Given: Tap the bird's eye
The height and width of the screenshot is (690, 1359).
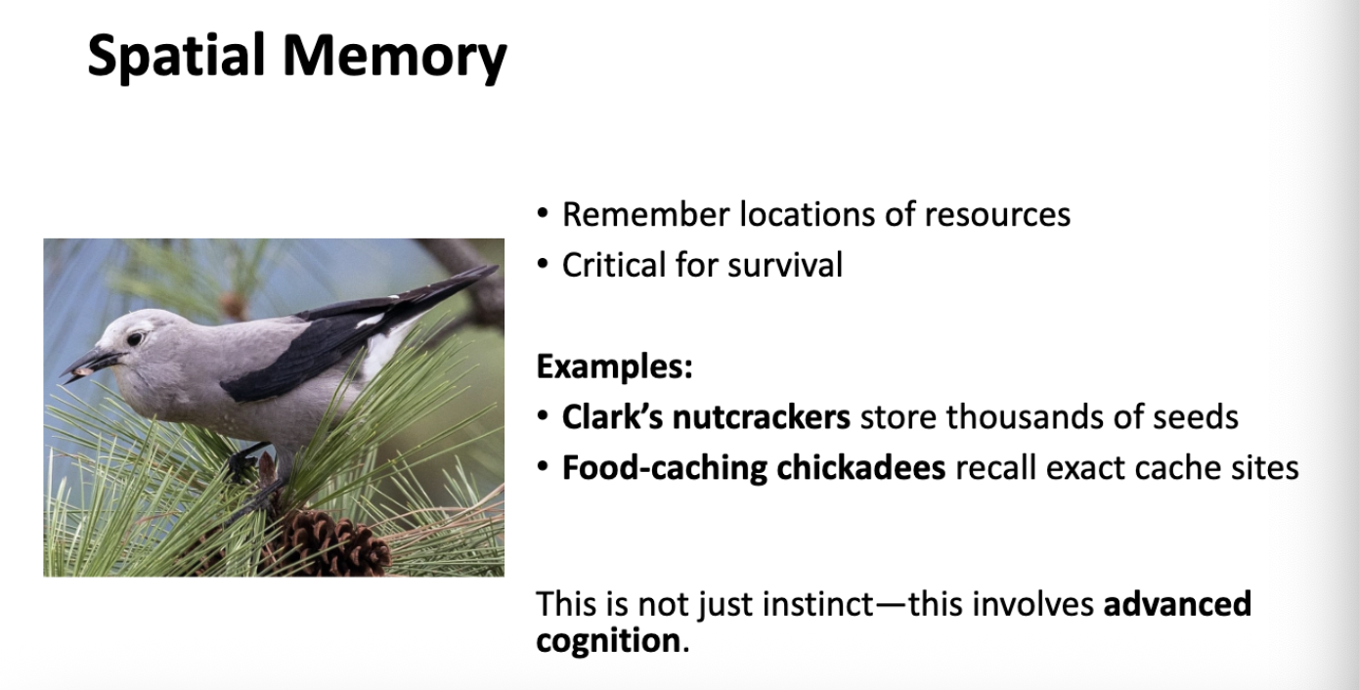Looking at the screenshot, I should (135, 338).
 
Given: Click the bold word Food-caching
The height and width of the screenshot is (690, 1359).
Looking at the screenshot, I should (665, 468).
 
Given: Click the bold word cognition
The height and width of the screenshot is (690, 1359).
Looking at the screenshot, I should (606, 641).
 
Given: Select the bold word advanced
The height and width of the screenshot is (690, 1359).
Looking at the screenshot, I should (1177, 604).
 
